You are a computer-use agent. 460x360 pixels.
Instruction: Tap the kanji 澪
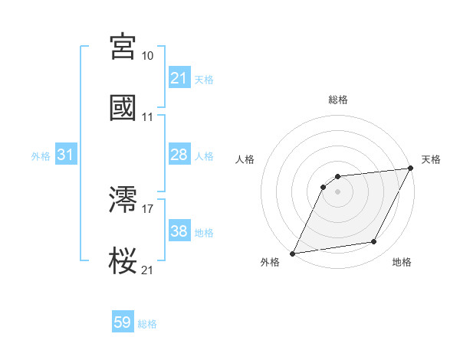[123, 200]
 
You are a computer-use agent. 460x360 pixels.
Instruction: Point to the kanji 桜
[123, 260]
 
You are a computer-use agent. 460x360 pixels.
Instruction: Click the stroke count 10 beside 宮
[148, 56]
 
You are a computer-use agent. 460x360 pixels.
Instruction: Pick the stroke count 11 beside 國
[148, 117]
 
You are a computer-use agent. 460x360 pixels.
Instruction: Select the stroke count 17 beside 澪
[148, 209]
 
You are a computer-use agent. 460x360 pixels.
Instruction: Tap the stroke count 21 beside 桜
[148, 270]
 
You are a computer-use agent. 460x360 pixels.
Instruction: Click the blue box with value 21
[179, 78]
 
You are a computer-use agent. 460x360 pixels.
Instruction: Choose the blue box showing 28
[179, 155]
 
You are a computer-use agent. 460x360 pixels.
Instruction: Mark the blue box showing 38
[179, 231]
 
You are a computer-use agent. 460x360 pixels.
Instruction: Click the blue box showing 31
[66, 155]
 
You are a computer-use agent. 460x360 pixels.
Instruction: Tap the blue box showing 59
[123, 322]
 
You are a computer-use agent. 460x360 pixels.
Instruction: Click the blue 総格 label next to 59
[147, 324]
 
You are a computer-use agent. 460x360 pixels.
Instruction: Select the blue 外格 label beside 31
[41, 156]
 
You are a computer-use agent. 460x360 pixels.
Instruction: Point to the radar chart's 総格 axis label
[337, 100]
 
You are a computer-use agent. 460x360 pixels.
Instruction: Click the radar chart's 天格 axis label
[431, 159]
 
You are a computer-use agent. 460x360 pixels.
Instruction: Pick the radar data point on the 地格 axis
[374, 242]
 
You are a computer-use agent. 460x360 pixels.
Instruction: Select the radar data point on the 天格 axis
[410, 168]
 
